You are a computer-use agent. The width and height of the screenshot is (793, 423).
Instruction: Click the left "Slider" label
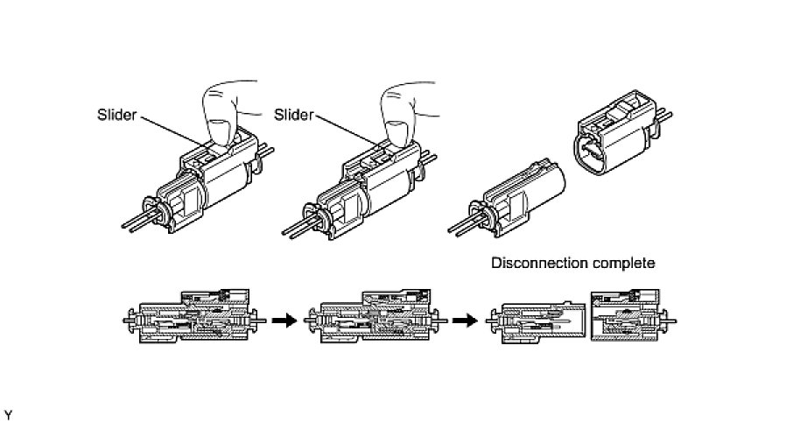117,115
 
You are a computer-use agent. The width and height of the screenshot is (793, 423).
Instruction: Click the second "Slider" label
294,115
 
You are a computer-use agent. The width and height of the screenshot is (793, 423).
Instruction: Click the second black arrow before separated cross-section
468,321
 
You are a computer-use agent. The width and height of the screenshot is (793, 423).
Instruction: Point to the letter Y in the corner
8,413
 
